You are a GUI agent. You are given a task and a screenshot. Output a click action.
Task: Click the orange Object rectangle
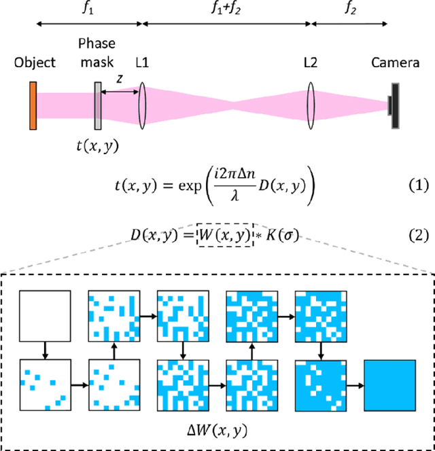coord(32,105)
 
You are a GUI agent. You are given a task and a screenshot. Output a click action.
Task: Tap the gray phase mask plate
coord(99,106)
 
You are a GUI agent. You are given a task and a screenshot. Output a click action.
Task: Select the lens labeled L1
coord(143,106)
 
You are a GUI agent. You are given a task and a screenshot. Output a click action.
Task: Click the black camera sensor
coord(394,106)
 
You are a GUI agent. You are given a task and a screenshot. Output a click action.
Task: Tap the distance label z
coord(120,78)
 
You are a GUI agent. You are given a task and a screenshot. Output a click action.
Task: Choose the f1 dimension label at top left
coord(88,10)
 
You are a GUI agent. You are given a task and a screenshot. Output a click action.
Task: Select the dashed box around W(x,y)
coord(223,236)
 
